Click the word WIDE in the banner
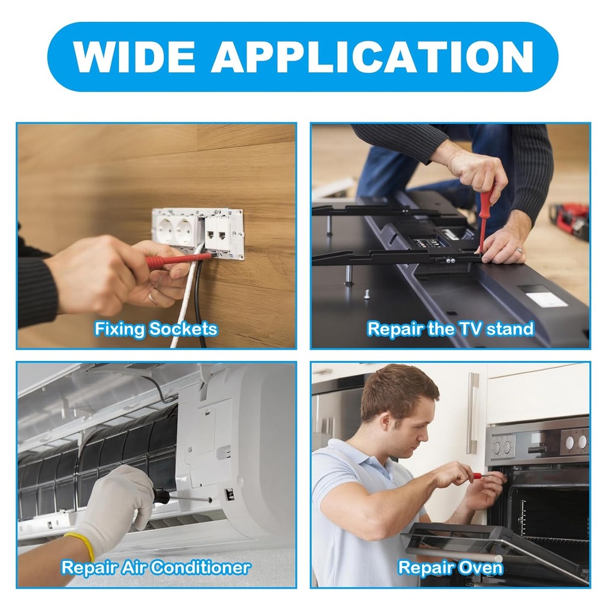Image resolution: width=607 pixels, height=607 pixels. pyautogui.click(x=133, y=56)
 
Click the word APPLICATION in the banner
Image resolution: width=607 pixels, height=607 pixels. pyautogui.click(x=372, y=56)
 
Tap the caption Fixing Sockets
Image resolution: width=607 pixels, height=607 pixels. pyautogui.click(x=156, y=328)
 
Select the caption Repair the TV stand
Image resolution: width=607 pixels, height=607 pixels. pyautogui.click(x=451, y=328)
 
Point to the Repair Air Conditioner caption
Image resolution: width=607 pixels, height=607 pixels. pyautogui.click(x=156, y=567)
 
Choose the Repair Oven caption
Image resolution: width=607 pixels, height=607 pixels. pyautogui.click(x=451, y=568)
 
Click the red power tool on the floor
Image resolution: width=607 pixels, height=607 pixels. pyautogui.click(x=571, y=218)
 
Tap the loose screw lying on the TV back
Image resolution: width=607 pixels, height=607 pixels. pyautogui.click(x=366, y=295)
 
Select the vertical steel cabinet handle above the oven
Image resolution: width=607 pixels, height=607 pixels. pyautogui.click(x=472, y=413)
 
